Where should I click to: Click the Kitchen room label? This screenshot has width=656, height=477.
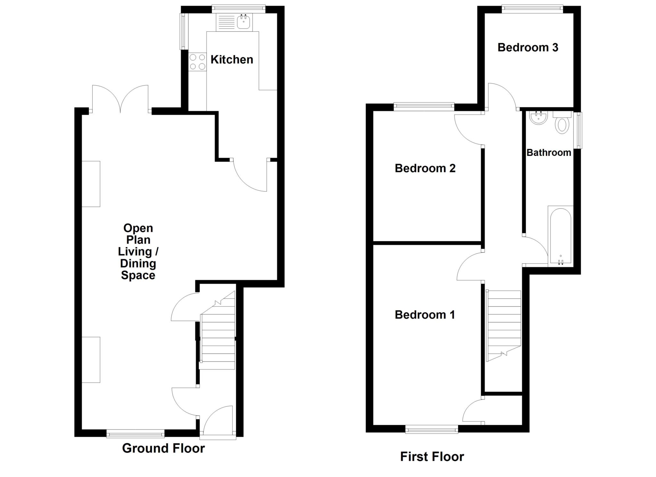pos(232,60)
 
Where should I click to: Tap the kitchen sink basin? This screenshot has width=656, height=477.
pos(243,22)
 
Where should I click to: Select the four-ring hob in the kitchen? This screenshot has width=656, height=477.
pos(197,62)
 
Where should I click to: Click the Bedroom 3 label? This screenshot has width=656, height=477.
pos(528,47)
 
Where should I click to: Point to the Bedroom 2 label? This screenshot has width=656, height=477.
pos(425,168)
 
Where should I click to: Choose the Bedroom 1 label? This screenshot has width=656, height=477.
pos(424,315)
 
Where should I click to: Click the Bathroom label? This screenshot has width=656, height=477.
pos(549,152)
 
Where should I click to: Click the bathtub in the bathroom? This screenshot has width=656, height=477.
pos(561,237)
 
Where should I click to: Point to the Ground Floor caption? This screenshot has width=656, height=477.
pos(163,448)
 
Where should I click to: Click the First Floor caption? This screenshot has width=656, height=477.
pos(432,456)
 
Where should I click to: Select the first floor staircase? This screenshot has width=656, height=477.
pos(504,324)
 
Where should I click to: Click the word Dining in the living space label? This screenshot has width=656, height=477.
pos(138,264)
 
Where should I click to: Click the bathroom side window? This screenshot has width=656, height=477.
pos(578,130)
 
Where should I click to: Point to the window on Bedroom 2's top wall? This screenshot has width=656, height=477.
pos(424,107)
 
